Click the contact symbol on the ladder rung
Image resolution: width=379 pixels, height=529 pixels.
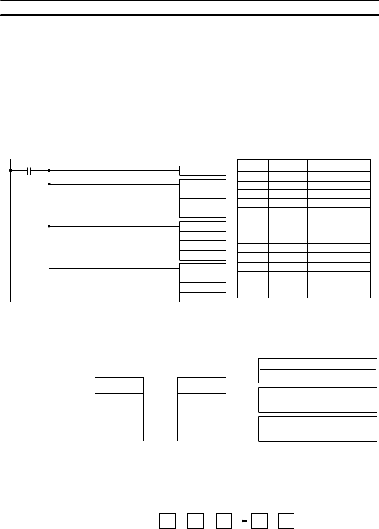tap(29, 171)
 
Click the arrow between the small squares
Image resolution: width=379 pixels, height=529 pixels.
tap(242, 521)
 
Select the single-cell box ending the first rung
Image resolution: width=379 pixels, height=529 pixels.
tap(203, 171)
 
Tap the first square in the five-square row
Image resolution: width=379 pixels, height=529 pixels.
tap(167, 521)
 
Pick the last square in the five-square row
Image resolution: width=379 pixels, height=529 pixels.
tap(286, 521)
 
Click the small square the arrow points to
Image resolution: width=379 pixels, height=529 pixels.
tap(259, 521)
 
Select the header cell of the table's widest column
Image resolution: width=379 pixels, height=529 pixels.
tap(339, 165)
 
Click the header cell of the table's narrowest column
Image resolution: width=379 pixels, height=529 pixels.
tap(253, 165)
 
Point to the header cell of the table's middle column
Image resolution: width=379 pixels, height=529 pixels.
tap(288, 165)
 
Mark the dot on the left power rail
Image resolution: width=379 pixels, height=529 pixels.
tap(11, 171)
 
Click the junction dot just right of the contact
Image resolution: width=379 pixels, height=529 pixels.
tap(49, 171)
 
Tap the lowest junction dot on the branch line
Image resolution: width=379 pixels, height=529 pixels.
tap(49, 226)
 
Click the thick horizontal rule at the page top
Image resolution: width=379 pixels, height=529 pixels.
tap(189, 16)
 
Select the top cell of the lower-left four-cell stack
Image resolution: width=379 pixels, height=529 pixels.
tap(119, 385)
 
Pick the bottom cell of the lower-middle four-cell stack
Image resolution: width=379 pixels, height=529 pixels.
tap(202, 433)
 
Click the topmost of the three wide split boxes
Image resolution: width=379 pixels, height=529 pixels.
tap(318, 370)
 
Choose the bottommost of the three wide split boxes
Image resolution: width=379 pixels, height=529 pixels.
tap(318, 429)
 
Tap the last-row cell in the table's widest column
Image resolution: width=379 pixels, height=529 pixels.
tap(339, 294)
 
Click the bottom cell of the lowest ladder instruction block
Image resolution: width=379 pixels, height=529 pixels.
tap(203, 297)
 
